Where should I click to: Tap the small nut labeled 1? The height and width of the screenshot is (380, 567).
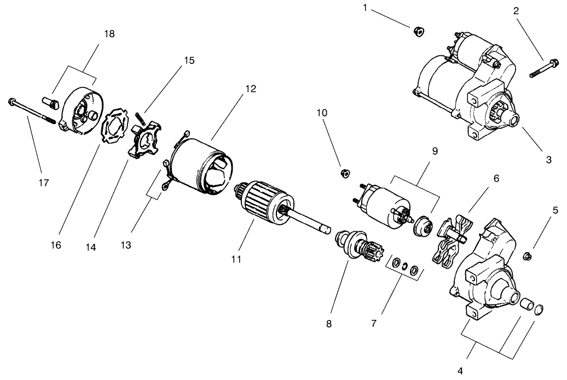pos(417,31)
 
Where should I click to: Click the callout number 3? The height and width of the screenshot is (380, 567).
pos(548,160)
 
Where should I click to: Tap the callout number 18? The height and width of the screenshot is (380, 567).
pos(109,33)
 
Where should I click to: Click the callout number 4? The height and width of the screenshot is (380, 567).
pos(460,370)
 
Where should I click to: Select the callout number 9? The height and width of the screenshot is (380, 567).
pos(435,151)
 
